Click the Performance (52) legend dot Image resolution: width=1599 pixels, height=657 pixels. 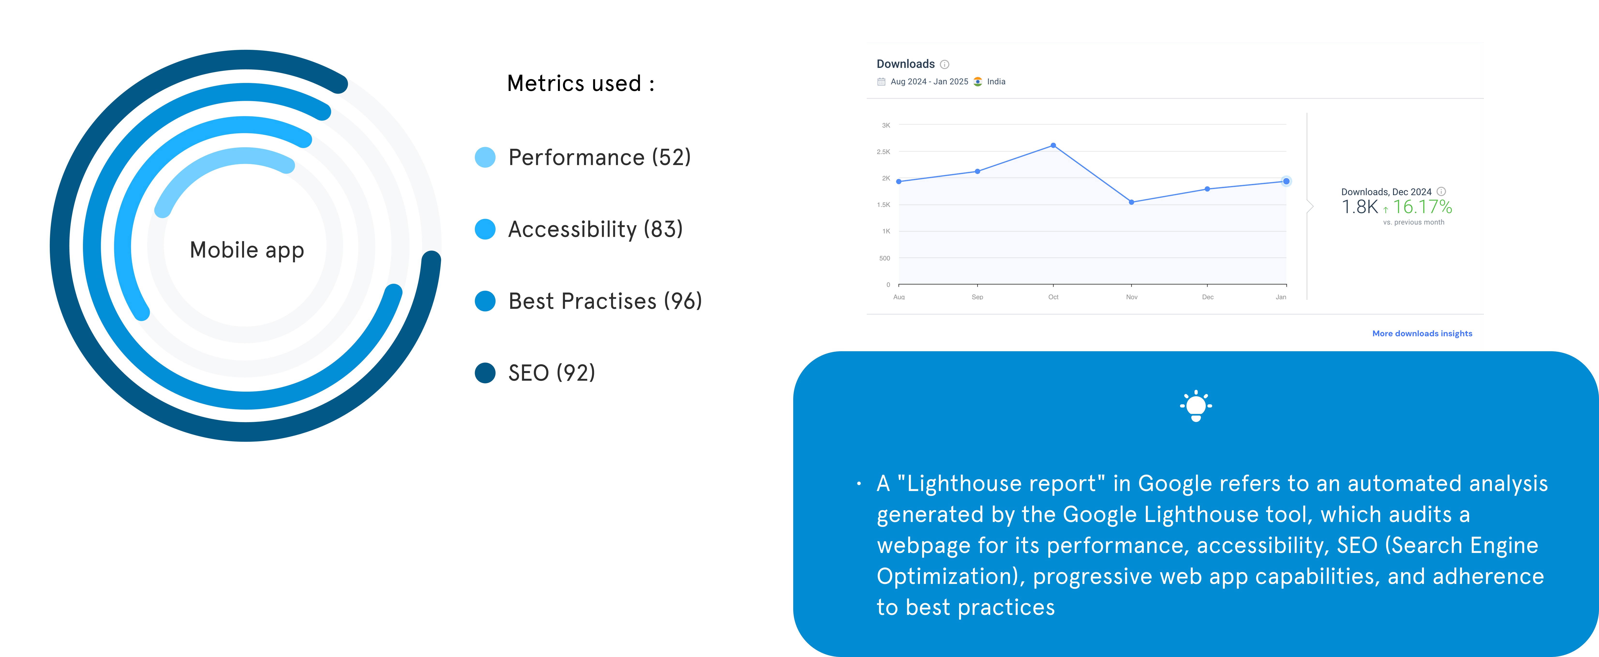[485, 157]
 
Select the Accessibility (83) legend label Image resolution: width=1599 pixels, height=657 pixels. [595, 229]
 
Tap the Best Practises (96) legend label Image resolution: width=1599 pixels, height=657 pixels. [605, 301]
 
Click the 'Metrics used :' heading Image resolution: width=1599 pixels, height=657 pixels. [581, 83]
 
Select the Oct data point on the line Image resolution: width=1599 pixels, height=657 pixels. [1053, 145]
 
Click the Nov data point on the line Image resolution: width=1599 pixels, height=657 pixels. [1132, 202]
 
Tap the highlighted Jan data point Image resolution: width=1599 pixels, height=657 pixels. [1286, 181]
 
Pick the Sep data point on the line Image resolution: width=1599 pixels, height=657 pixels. [978, 172]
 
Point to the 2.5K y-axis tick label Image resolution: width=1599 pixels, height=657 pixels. [883, 151]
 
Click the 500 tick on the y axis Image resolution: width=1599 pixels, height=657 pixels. [885, 258]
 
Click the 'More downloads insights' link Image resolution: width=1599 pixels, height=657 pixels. [1422, 334]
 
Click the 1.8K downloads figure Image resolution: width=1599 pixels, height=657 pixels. [1359, 207]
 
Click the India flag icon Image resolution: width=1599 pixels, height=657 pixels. [978, 81]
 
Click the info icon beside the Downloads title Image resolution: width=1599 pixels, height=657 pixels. [945, 64]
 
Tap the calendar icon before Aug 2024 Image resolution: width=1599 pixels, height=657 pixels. [881, 81]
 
